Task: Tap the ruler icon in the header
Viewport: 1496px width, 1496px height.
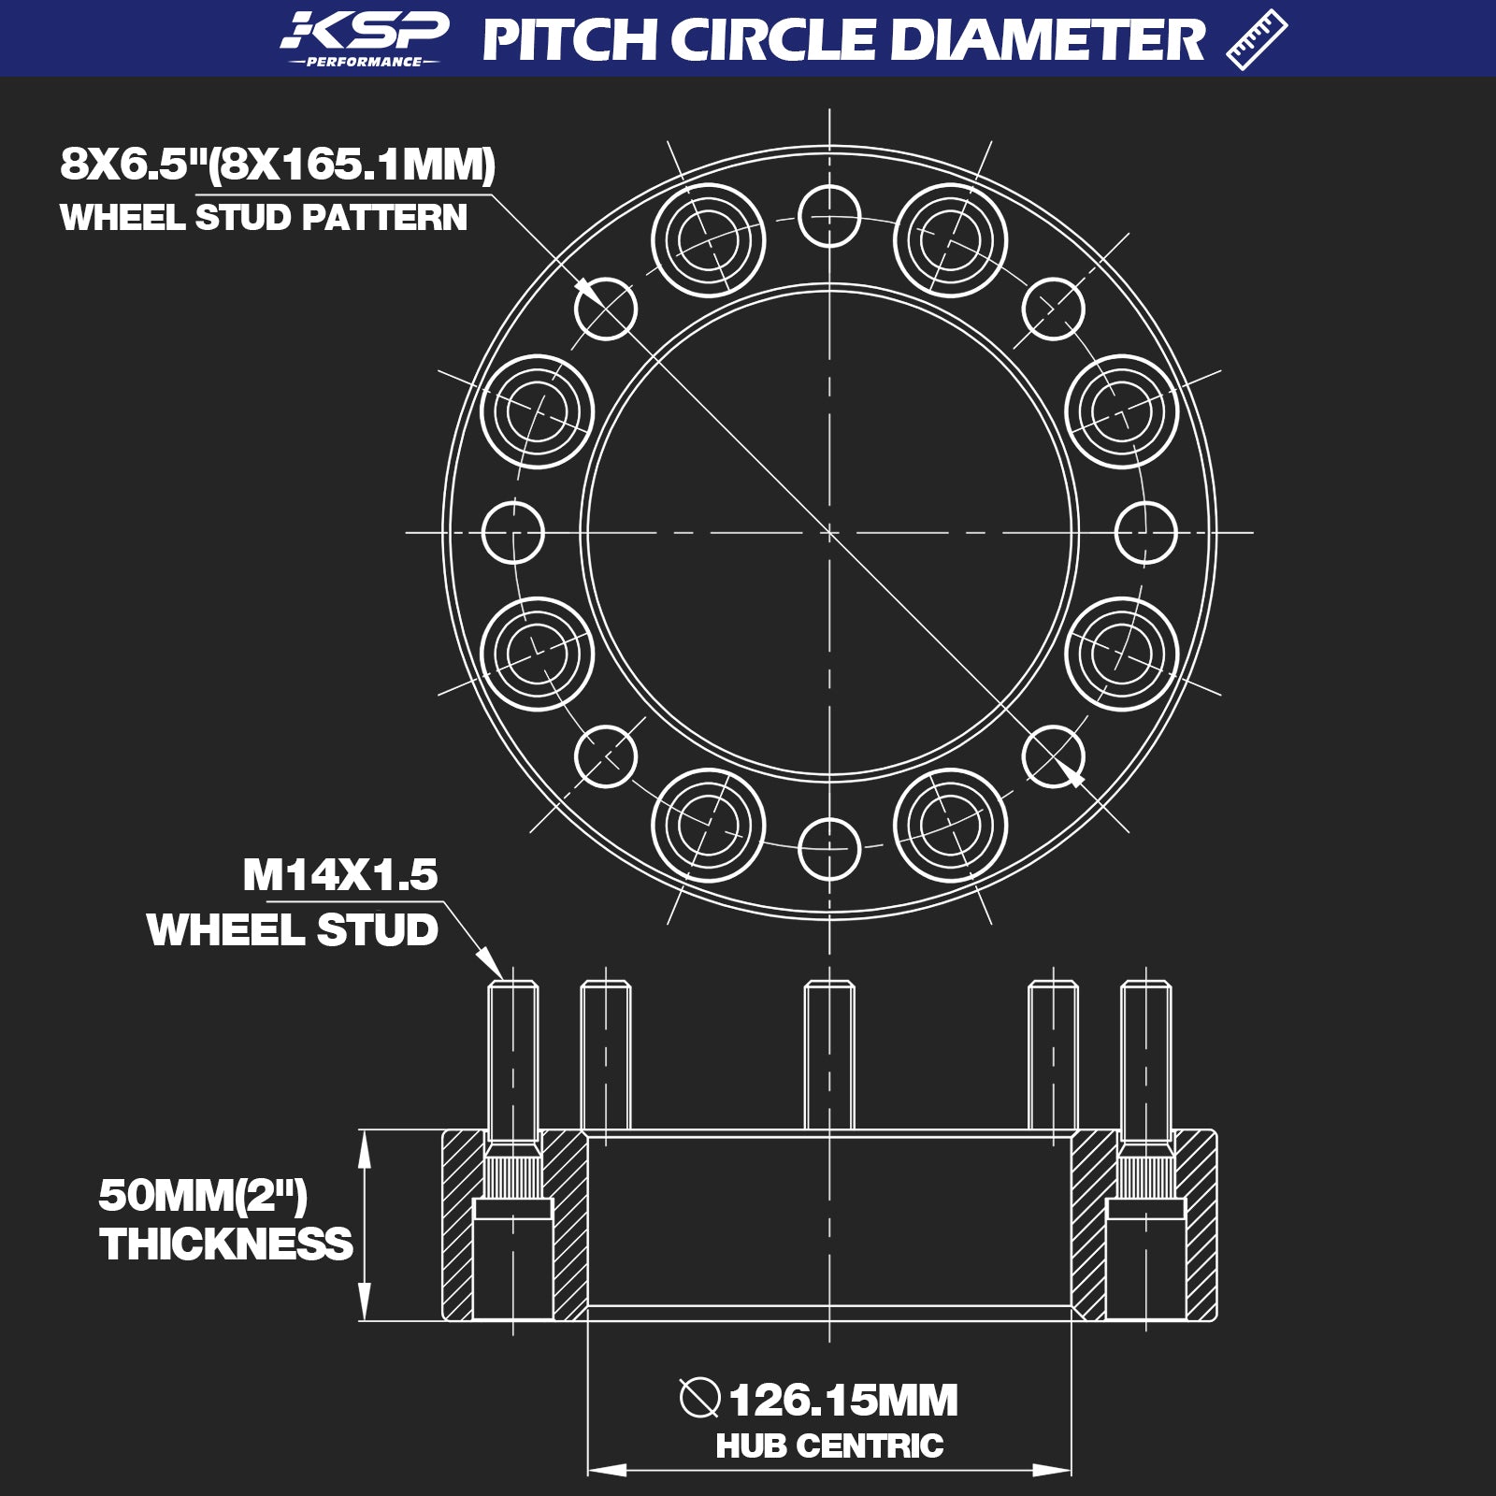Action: [x=1256, y=39]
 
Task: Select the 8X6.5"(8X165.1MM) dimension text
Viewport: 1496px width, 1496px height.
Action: [x=278, y=165]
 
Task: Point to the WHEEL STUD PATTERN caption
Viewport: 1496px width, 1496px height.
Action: [x=264, y=218]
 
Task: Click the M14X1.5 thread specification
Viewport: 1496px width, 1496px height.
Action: [x=340, y=875]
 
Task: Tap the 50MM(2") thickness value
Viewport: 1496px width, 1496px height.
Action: [x=203, y=1195]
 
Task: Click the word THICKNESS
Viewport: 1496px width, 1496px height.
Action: [x=226, y=1244]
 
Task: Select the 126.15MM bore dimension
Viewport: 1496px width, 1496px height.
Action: [x=843, y=1401]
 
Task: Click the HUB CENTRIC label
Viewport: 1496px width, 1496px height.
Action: [x=829, y=1446]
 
